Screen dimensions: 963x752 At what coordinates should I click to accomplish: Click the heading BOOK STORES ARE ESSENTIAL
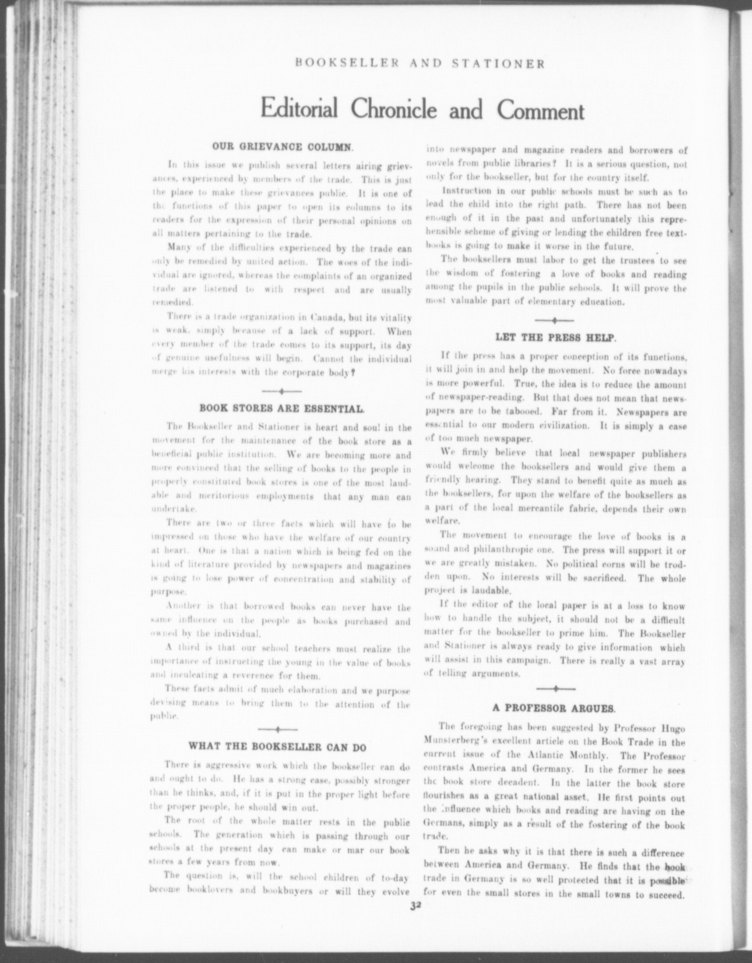(x=282, y=408)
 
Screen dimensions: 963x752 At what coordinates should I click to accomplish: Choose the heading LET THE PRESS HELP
(x=555, y=338)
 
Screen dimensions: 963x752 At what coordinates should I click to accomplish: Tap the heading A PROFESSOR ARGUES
(x=553, y=708)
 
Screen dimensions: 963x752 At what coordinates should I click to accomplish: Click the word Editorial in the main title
(x=299, y=109)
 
